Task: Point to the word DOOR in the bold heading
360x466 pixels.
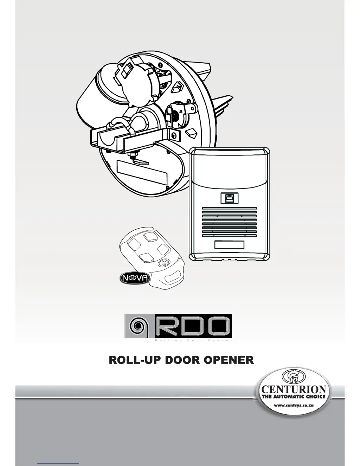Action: pyautogui.click(x=183, y=360)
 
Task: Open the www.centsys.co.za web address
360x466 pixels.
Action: pyautogui.click(x=294, y=405)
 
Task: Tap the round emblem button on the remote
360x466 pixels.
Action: pyautogui.click(x=164, y=262)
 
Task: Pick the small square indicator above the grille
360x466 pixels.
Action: pyautogui.click(x=230, y=198)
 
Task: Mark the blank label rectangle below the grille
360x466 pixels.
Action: pyautogui.click(x=229, y=245)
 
